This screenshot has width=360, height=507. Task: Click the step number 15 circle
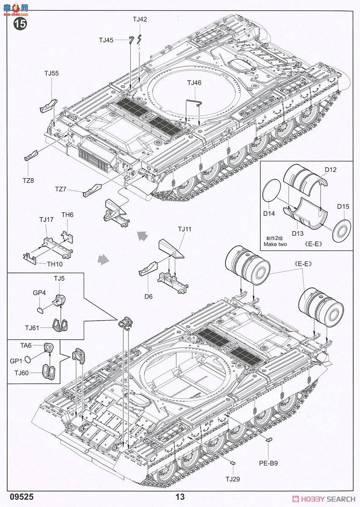(x=20, y=24)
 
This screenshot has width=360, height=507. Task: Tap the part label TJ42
(x=140, y=19)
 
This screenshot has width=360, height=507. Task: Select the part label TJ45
(x=106, y=40)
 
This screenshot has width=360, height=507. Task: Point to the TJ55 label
(x=52, y=73)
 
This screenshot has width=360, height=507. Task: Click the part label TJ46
(x=194, y=83)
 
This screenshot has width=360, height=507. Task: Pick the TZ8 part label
(x=28, y=180)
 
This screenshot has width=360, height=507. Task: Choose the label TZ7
(x=61, y=188)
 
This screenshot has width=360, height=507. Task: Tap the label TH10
(x=54, y=264)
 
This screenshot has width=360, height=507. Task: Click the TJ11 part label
(x=185, y=229)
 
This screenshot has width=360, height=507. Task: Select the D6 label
(x=148, y=296)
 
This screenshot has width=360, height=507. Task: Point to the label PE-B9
(x=268, y=463)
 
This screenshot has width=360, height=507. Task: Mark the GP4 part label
(x=39, y=292)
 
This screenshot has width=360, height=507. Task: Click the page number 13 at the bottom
(x=180, y=497)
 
